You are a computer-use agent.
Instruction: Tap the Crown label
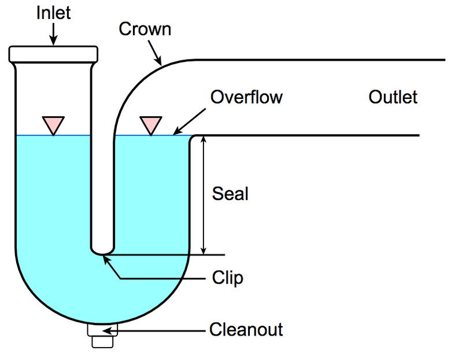pos(145,29)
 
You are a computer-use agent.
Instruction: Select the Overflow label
pos(246,97)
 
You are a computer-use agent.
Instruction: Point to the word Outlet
pos(393,97)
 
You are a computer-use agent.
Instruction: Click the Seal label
pos(230,193)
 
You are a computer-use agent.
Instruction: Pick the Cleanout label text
pos(246,330)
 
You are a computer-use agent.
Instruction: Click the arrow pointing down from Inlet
pos(53,34)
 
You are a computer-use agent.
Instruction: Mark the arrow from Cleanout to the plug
pos(156,331)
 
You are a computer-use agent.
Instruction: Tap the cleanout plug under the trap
pos(103,335)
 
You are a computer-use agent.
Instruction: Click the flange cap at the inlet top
pos(53,54)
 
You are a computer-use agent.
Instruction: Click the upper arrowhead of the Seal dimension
pos(204,141)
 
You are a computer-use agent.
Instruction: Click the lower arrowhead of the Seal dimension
pos(204,250)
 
